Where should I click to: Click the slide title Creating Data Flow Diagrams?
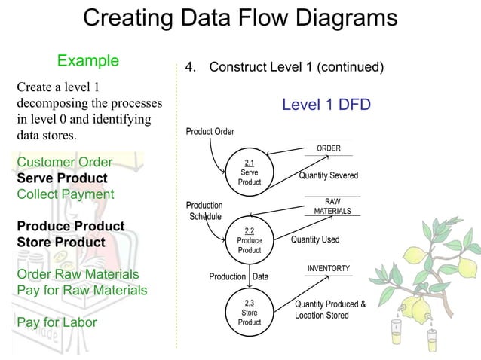point(240,19)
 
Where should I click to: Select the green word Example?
point(88,60)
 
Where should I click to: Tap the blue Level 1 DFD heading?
point(326,104)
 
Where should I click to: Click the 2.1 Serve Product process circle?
point(249,172)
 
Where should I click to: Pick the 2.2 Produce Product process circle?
point(249,240)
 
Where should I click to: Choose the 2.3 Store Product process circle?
point(249,312)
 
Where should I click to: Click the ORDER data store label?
point(328,148)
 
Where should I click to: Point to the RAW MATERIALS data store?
point(332,206)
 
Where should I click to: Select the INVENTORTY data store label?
point(328,269)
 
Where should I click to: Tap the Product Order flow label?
point(210,132)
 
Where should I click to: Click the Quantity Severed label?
point(328,175)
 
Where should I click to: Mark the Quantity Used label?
point(315,240)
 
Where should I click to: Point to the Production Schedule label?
point(204,211)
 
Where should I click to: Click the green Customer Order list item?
point(64,163)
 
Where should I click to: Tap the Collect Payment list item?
point(65,194)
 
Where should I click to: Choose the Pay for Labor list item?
point(57,322)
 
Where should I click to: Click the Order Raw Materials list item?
point(78,274)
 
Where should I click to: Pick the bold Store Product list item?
point(61,243)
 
